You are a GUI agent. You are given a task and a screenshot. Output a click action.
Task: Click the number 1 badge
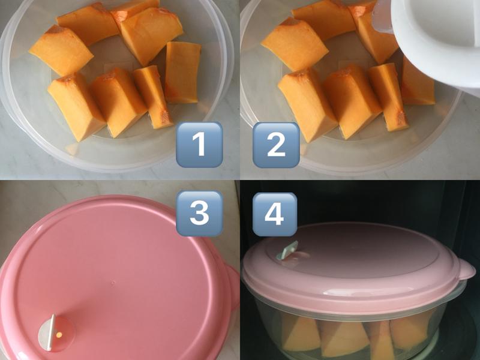tap(199, 145)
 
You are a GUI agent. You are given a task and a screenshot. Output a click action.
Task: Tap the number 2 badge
tap(276, 145)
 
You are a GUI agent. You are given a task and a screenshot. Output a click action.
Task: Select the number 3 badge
tap(199, 213)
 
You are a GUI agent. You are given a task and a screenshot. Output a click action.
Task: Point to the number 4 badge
tap(274, 214)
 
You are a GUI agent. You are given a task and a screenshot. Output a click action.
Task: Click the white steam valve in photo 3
tap(50, 332)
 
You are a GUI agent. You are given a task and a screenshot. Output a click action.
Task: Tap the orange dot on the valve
tap(59, 335)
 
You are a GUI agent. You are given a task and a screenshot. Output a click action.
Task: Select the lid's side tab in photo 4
tap(466, 272)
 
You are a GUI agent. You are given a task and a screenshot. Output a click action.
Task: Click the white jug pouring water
tap(434, 43)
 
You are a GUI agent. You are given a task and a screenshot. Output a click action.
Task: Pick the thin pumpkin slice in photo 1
tap(152, 97)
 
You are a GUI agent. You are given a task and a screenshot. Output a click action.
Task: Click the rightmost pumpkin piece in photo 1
tap(183, 73)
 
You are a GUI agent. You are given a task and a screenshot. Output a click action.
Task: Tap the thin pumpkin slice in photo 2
tap(387, 97)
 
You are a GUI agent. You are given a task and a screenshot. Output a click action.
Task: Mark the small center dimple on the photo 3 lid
tap(113, 282)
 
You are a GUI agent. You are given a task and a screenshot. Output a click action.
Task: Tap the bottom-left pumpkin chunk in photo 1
tap(76, 107)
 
